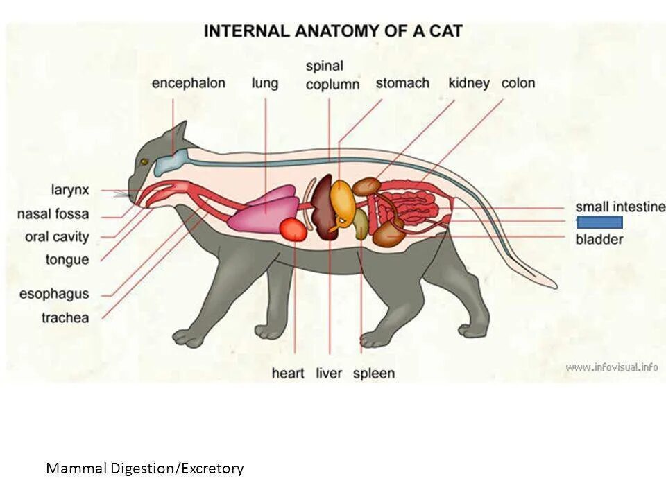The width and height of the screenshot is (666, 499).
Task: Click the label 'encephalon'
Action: (189, 83)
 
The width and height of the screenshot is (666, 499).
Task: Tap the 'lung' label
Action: (264, 83)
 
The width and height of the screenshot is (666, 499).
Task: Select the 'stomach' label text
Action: (402, 83)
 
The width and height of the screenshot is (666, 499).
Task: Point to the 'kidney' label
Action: (469, 83)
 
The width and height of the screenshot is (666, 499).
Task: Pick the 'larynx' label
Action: (70, 189)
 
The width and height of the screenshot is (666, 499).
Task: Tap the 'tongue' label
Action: (67, 260)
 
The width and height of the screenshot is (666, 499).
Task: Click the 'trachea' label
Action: (65, 318)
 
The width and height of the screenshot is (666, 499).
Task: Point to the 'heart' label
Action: (288, 374)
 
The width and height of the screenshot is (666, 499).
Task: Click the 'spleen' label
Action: (374, 374)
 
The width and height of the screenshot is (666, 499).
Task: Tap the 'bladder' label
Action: (599, 240)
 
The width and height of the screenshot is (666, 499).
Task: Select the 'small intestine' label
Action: (620, 207)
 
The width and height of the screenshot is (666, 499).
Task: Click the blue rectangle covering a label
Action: (599, 222)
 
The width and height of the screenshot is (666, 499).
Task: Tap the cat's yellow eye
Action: (144, 162)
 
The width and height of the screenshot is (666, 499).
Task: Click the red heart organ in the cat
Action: (293, 229)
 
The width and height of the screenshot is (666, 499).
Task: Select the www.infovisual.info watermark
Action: (611, 367)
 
